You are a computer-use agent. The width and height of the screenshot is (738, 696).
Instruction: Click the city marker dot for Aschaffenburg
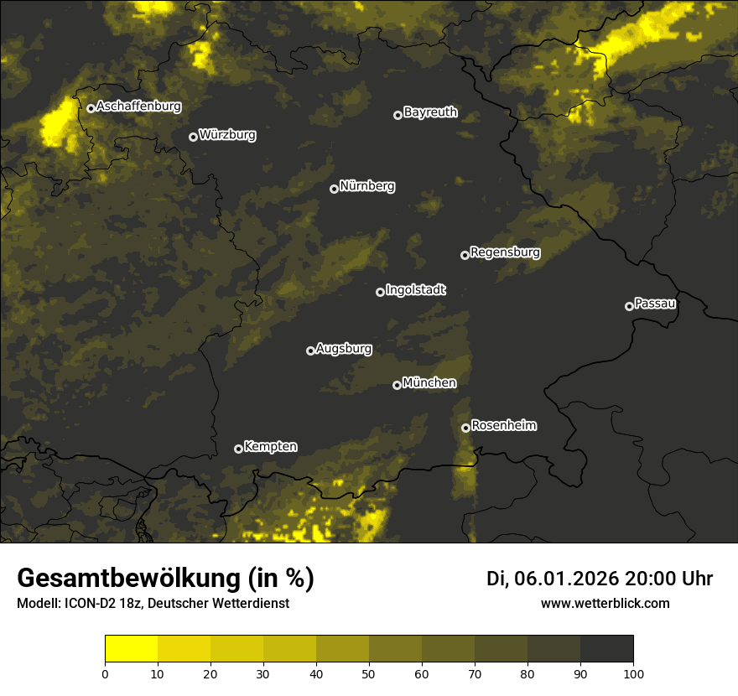pyautogui.click(x=91, y=108)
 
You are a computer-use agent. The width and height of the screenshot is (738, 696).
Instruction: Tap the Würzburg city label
pyautogui.click(x=227, y=135)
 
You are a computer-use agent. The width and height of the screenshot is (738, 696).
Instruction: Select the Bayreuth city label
pyautogui.click(x=430, y=112)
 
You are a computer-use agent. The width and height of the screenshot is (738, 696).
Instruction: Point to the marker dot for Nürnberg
pyautogui.click(x=334, y=189)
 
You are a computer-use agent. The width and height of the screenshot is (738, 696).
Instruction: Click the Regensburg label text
pyautogui.click(x=505, y=252)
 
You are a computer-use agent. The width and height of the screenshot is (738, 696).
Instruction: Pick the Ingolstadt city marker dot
pyautogui.click(x=380, y=292)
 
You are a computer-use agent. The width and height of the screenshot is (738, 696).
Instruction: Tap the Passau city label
pyautogui.click(x=655, y=304)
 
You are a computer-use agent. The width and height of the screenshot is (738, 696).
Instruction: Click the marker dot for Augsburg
pyautogui.click(x=310, y=351)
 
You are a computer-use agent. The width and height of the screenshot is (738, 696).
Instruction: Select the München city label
pyautogui.click(x=429, y=383)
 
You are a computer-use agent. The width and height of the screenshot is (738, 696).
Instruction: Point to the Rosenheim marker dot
pyautogui.click(x=465, y=429)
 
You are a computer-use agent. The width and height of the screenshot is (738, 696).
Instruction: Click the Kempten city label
pyautogui.click(x=270, y=447)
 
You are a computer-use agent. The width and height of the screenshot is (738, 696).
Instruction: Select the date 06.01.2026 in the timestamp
pyautogui.click(x=566, y=579)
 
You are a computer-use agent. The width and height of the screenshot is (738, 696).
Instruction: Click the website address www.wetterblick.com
pyautogui.click(x=605, y=604)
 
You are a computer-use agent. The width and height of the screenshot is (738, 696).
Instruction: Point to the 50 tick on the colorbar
pyautogui.click(x=369, y=673)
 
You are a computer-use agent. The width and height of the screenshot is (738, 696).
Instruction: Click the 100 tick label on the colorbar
pyautogui.click(x=633, y=673)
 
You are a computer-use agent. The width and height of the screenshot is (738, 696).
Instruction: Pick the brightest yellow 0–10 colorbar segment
pyautogui.click(x=132, y=649)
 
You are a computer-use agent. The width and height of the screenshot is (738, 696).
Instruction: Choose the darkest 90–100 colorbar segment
pyautogui.click(x=606, y=649)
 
